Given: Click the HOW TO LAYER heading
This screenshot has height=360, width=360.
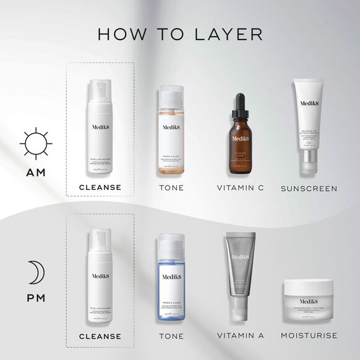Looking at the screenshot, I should [180, 34].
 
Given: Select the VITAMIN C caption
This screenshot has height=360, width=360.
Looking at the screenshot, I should [241, 187].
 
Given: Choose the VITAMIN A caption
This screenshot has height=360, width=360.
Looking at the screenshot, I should [241, 336].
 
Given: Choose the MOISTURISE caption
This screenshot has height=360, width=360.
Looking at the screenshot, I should [309, 336].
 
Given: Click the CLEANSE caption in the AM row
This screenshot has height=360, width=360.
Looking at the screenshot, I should [100, 187].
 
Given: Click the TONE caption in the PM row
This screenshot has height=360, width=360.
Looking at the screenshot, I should [171, 336].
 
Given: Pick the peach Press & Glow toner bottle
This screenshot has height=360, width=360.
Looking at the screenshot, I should [171, 133].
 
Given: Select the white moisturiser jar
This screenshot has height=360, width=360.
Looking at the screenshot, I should [309, 297].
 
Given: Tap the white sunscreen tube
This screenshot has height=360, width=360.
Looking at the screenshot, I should [309, 127].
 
